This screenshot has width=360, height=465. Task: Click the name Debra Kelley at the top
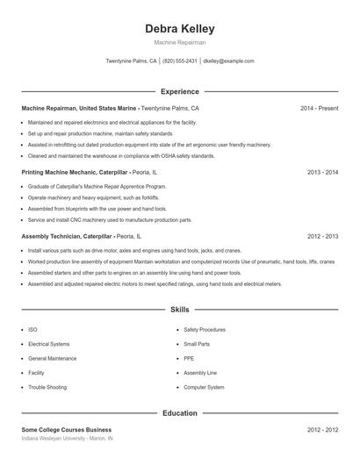(179, 29)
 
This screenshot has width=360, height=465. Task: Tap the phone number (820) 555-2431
(179, 61)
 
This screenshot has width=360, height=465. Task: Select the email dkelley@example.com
(228, 61)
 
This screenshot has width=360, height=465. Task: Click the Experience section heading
(180, 91)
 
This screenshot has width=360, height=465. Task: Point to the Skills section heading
(180, 311)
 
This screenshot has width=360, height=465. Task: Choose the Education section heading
(180, 412)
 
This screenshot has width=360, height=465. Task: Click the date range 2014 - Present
(319, 108)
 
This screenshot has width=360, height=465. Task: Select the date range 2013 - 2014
(322, 173)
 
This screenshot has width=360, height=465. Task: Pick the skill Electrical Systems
(48, 344)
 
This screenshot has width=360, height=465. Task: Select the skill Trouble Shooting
(47, 387)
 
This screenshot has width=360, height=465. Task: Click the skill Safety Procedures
(205, 330)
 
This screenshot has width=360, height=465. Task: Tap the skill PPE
(189, 358)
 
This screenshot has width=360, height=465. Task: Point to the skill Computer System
(204, 387)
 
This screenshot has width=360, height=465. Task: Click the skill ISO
(32, 330)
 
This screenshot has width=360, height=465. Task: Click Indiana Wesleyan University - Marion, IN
(67, 438)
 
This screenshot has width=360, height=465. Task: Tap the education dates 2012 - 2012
(322, 430)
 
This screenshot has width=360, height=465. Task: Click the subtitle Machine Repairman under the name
(179, 42)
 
